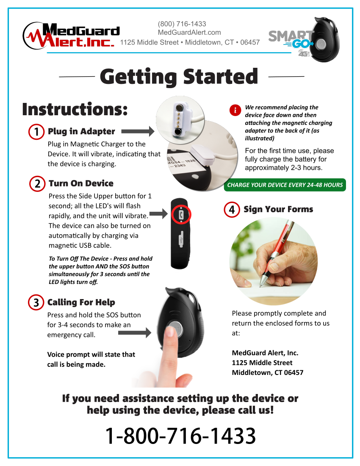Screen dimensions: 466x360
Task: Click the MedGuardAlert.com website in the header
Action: click(x=189, y=33)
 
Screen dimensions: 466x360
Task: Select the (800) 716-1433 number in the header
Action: click(x=182, y=24)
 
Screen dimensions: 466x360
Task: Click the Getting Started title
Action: click(x=179, y=77)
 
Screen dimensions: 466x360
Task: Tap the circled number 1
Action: click(x=36, y=132)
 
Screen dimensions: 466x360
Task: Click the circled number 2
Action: click(x=37, y=184)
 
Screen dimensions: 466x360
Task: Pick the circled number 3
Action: click(x=36, y=302)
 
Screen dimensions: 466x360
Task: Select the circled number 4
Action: click(x=232, y=209)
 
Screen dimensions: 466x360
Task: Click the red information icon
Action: click(x=235, y=111)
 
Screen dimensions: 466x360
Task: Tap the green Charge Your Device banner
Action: click(x=285, y=185)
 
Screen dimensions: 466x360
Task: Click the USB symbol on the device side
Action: click(x=182, y=239)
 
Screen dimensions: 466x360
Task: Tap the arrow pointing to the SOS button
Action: click(x=134, y=333)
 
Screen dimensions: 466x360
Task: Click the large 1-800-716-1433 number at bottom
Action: click(x=180, y=436)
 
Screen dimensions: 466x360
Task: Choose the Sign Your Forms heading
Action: click(x=278, y=209)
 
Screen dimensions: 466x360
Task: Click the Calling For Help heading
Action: click(x=81, y=302)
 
